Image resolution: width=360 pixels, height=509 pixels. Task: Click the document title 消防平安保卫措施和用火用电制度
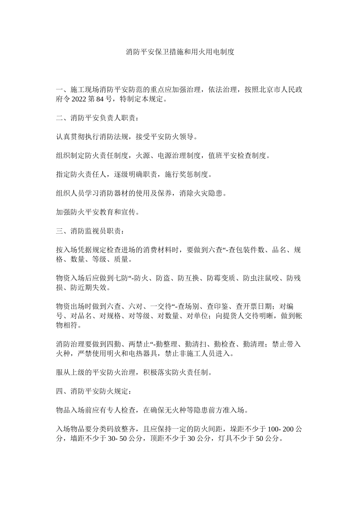[x=180, y=52]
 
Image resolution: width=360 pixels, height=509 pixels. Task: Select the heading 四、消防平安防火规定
[x=93, y=391]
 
